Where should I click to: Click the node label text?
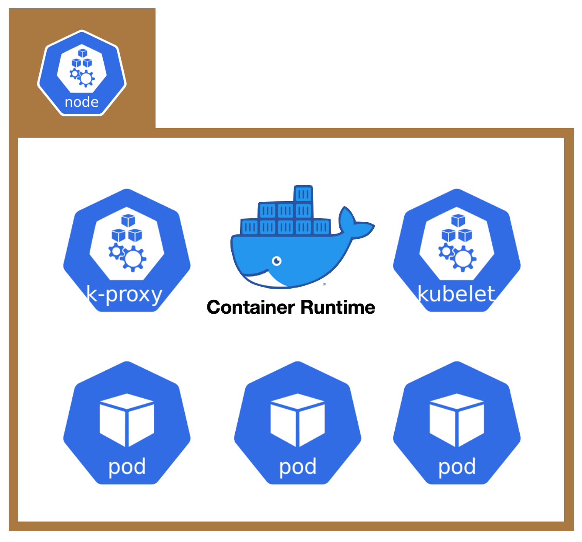81,102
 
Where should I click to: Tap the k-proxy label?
125,295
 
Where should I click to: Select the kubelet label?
456,294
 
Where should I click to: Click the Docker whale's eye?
277,261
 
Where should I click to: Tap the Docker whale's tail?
354,222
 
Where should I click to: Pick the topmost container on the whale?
303,193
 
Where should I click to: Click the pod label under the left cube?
127,467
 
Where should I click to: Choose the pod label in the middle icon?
298,467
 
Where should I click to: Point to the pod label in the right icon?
457,467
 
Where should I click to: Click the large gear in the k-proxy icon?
134,259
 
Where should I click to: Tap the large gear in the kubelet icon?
464,259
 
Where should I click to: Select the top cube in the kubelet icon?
458,220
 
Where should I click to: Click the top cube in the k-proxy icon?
128,220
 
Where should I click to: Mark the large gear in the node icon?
86,78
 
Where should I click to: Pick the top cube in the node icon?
82,53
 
